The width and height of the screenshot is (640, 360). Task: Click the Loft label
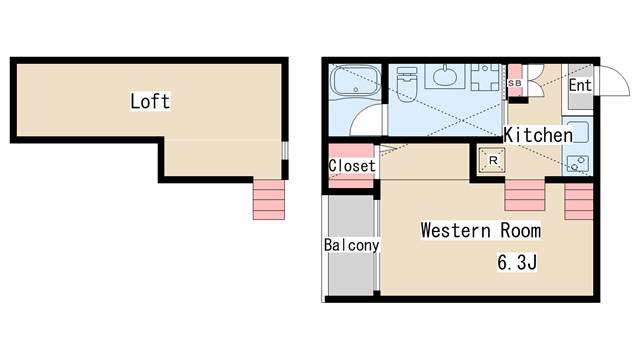150,101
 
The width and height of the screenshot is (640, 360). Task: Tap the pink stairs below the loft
269,200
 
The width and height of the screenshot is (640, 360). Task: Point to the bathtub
355,80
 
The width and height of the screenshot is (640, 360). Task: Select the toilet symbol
406,85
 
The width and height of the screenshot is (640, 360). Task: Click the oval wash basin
445,76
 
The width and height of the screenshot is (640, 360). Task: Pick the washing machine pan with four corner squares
485,77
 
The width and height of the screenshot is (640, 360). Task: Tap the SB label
514,83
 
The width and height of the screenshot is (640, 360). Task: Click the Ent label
580,85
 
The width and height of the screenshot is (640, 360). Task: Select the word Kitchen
538,135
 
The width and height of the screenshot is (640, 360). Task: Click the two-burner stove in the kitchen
578,163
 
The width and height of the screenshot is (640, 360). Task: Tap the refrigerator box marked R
492,160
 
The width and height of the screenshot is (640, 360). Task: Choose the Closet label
352,166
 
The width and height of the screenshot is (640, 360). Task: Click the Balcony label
351,245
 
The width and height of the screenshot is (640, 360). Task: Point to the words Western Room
481,231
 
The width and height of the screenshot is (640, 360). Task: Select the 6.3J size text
517,262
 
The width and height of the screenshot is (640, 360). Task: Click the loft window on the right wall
285,150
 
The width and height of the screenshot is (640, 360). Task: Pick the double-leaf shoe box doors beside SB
535,80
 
